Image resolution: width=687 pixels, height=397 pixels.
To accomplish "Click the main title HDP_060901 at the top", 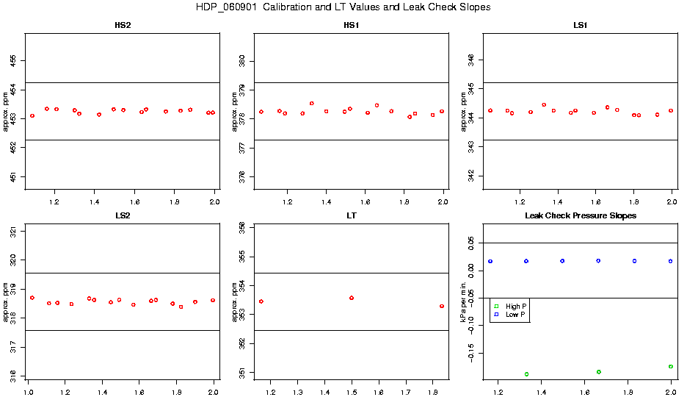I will (343, 7).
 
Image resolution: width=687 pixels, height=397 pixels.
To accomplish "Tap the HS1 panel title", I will (352, 26).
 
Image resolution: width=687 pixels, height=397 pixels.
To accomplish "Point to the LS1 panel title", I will (581, 26).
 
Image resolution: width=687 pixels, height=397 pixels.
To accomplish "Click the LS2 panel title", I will (123, 216).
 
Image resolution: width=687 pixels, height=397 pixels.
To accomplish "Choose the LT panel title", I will (352, 216).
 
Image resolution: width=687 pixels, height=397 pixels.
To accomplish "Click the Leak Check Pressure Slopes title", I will (581, 216).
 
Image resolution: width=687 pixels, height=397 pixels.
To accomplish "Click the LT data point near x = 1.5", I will (352, 298).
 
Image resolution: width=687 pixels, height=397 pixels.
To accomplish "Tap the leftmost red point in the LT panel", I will (261, 301).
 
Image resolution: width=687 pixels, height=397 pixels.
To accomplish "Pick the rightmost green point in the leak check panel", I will (671, 366).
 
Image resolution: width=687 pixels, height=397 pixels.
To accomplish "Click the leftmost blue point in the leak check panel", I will (490, 261).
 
